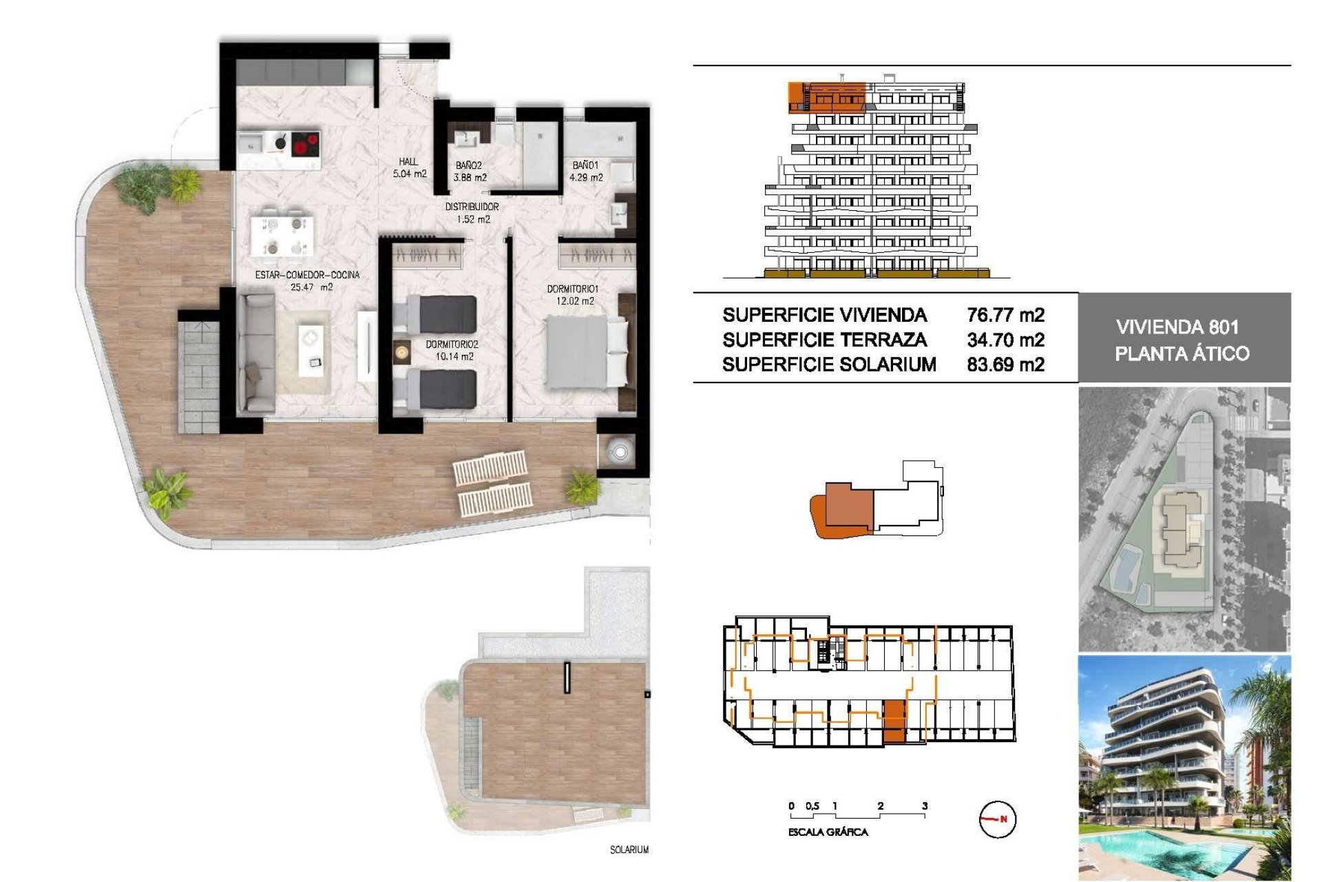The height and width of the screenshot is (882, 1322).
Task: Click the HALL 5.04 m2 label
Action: pos(409,167)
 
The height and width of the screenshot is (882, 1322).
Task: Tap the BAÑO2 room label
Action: pos(469,171)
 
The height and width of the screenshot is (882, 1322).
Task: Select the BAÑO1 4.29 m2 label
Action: pos(586,171)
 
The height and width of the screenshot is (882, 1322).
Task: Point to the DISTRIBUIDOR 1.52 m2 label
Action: pos(472,213)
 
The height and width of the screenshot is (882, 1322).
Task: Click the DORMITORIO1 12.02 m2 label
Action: pos(572,295)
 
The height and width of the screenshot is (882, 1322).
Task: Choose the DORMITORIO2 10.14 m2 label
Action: pos(452,350)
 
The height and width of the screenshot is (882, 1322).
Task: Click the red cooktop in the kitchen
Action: pos(305,145)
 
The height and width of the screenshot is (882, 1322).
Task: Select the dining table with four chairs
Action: pos(284,235)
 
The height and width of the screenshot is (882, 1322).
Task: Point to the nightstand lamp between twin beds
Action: pos(401,353)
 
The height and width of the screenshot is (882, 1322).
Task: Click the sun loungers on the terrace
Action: pos(493,482)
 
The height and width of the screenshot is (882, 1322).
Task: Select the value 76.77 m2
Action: pos(1005,315)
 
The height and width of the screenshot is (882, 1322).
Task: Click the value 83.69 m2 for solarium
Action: pos(1005,365)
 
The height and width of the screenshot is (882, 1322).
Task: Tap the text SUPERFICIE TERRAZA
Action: pos(824,340)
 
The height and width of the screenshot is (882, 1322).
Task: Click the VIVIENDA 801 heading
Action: pos(1177,327)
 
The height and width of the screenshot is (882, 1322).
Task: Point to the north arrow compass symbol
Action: pos(997,819)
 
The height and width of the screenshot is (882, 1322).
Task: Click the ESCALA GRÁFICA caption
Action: pos(828,832)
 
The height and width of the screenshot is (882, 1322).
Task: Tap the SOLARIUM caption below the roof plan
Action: pos(629,850)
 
